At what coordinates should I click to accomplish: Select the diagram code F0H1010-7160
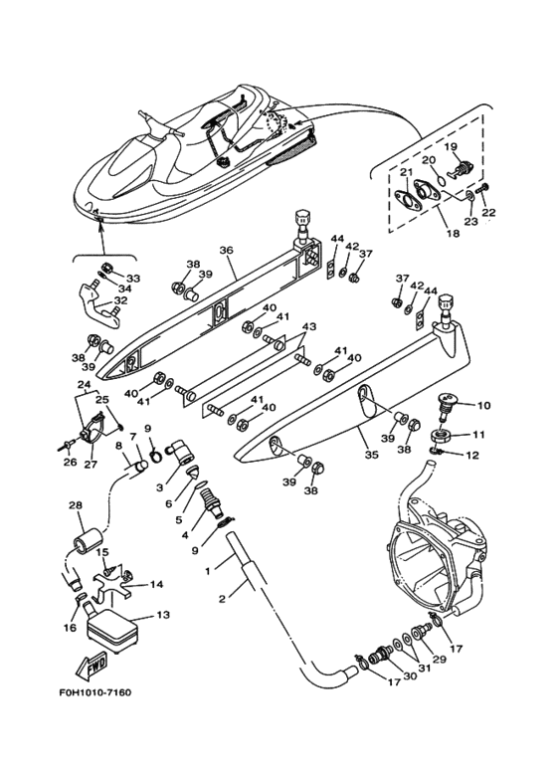95,692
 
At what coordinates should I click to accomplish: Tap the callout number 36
225,250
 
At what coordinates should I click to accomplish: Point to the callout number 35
372,455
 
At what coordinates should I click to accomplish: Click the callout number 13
163,614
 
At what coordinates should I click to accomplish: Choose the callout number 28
76,505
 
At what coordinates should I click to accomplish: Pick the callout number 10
483,406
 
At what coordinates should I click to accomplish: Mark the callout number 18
454,234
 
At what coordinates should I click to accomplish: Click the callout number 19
451,146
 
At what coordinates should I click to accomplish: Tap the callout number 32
120,300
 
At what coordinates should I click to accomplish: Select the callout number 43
309,326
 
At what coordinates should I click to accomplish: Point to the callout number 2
222,598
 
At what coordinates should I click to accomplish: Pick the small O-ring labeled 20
442,180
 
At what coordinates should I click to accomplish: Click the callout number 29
439,659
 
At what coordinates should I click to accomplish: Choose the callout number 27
91,464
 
